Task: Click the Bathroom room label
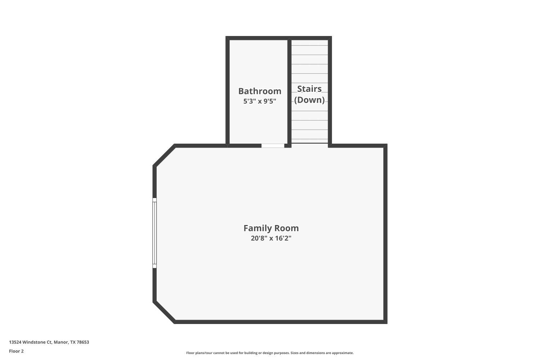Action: (260, 91)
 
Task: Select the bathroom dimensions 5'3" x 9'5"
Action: (260, 102)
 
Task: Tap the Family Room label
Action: (271, 228)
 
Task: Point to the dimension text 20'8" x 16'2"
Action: (271, 238)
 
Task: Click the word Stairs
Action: (309, 89)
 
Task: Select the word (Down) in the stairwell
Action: (309, 100)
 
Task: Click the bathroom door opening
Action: (273, 146)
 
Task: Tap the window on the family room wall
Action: (154, 233)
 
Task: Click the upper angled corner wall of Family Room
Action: (164, 156)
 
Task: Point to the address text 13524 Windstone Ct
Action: (31, 342)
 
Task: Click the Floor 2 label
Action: (16, 351)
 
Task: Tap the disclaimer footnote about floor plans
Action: (270, 353)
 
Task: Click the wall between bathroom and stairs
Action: (289, 90)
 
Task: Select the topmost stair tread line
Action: (310, 45)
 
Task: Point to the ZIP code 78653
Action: (83, 342)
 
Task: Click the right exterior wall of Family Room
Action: (385, 234)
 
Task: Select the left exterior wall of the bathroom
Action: (228, 90)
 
